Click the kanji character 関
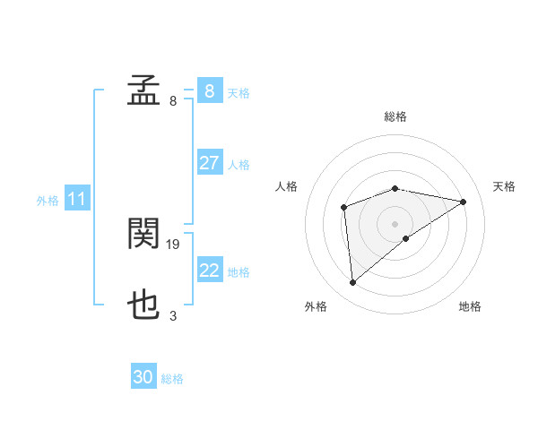coord(143,235)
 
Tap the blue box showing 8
coord(209,91)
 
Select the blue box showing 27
coord(209,163)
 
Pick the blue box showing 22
coord(209,271)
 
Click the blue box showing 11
coord(76,200)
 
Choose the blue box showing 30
coord(143,377)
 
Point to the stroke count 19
coord(174,244)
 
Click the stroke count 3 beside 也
coord(173,315)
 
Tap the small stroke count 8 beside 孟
coord(173,100)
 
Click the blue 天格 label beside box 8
coord(239,92)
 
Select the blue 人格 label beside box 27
coord(239,165)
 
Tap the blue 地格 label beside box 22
coord(239,271)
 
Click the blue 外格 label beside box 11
coord(48,201)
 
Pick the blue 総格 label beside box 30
coord(172,379)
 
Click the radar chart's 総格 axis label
coord(395,116)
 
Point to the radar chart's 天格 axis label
coord(504,186)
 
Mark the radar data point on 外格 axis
coord(353,283)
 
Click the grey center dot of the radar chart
coord(395,223)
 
